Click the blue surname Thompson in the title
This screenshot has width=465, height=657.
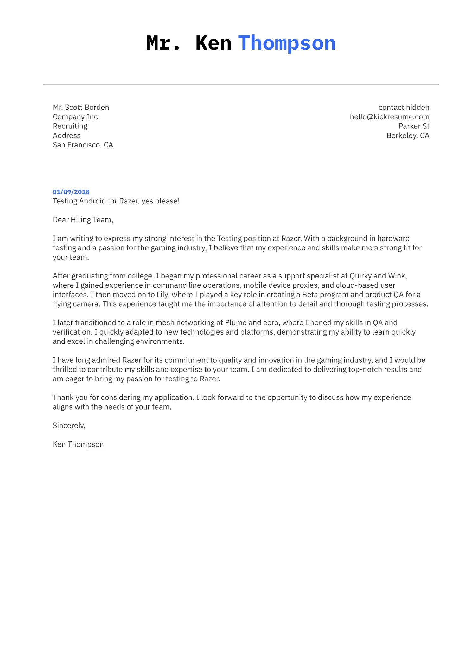(287, 43)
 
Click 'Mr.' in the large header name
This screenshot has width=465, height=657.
(163, 43)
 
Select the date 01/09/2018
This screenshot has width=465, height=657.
(71, 192)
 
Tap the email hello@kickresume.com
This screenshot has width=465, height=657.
(389, 117)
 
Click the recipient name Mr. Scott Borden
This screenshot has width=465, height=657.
(81, 108)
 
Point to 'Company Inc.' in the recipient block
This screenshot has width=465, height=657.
(76, 117)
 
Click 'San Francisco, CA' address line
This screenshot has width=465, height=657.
(83, 145)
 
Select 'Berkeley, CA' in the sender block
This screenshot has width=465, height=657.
(408, 135)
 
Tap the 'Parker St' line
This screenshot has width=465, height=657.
(413, 126)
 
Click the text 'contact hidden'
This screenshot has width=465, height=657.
(404, 108)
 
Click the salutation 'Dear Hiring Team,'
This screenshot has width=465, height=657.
(83, 220)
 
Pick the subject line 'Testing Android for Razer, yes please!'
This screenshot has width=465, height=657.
(116, 201)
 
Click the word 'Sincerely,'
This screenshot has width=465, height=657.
(69, 426)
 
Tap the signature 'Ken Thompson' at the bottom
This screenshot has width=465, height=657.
(78, 444)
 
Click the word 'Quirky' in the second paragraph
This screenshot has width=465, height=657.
(360, 276)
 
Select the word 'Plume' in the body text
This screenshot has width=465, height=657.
(235, 323)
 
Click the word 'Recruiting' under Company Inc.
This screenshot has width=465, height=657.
(70, 126)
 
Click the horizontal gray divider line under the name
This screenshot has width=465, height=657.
(241, 85)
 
